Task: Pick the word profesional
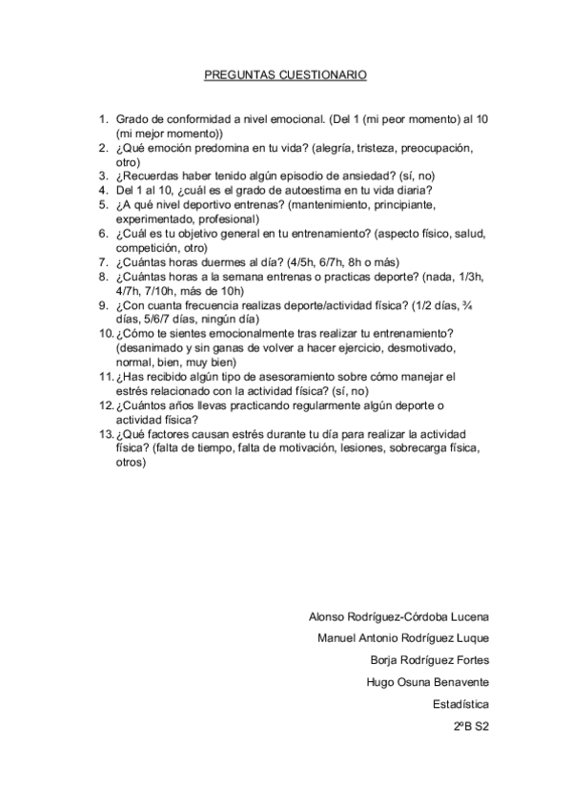click(x=215, y=218)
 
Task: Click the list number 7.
click(x=105, y=262)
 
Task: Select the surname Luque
click(x=472, y=636)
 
